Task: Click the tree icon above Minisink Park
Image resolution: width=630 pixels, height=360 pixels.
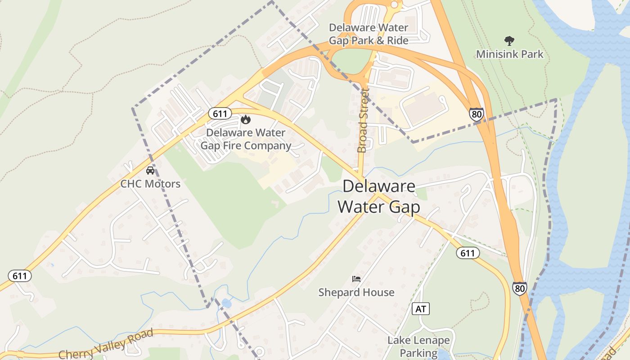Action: (509, 41)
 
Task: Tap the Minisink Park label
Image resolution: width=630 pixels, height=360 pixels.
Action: (510, 54)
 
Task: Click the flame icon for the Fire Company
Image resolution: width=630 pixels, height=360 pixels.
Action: (246, 119)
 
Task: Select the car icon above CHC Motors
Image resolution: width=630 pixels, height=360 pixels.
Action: (150, 171)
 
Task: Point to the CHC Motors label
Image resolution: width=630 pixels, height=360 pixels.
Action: (150, 184)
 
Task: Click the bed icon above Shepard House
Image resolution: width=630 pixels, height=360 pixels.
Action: (356, 279)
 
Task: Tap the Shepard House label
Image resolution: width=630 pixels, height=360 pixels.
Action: (356, 292)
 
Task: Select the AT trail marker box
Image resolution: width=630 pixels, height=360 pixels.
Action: (421, 309)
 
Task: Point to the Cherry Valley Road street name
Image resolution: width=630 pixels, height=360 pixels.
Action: (106, 344)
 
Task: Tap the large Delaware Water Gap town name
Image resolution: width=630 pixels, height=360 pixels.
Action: (379, 196)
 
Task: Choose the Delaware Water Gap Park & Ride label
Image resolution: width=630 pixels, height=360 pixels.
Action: (369, 34)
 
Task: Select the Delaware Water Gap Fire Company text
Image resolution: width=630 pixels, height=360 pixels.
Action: (246, 139)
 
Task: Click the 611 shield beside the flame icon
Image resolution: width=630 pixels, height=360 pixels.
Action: (220, 113)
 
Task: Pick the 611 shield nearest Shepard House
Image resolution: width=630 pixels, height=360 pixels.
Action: (468, 253)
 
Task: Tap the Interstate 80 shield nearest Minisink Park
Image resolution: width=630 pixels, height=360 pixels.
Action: (477, 114)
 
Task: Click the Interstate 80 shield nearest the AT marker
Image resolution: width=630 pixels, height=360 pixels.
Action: (520, 288)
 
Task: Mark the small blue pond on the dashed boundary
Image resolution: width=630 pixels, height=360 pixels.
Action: (226, 303)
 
